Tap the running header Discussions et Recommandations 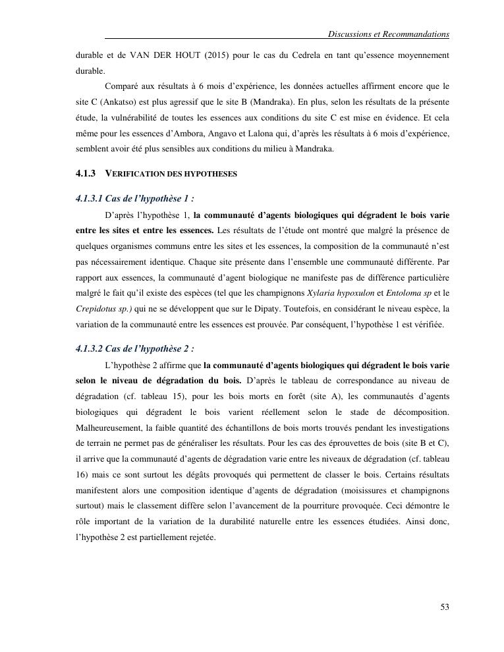(388, 34)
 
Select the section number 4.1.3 (86, 173)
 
